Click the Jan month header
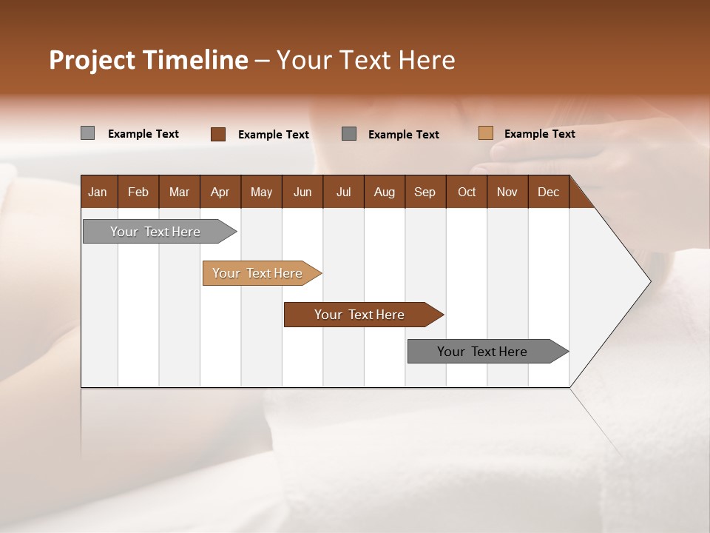(98, 192)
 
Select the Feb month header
(138, 192)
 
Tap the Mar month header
(179, 192)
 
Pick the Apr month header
(220, 192)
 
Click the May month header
(261, 192)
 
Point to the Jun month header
(302, 192)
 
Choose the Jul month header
(343, 192)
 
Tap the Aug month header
(385, 192)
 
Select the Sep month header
(425, 192)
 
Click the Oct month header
(467, 192)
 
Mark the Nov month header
(507, 192)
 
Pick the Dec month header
(548, 192)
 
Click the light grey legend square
(87, 133)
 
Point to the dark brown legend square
(218, 134)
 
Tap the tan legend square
(485, 133)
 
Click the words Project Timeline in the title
(148, 60)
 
